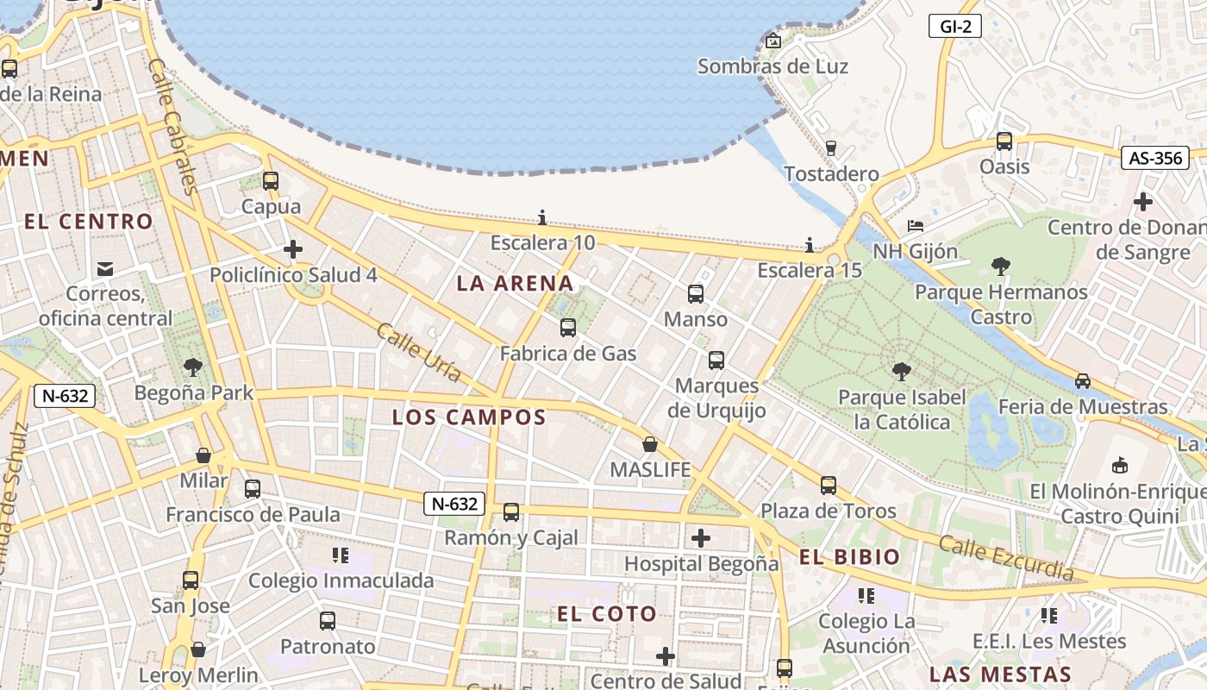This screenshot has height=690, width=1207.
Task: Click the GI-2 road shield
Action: coord(955,27)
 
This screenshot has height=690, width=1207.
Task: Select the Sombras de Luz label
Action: coord(772,66)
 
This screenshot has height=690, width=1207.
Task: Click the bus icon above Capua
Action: coord(271,181)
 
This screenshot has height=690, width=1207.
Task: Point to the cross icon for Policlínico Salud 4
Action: coord(293,250)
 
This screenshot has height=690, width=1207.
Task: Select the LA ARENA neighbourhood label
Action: coord(515,284)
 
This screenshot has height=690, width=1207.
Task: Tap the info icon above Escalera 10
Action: coord(542,217)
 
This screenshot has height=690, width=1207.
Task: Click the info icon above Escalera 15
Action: coord(809,245)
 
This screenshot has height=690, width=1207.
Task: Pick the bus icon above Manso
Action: coord(696,294)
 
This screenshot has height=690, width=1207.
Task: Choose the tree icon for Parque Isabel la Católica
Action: coord(902,372)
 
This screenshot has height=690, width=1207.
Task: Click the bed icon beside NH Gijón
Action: coord(916,226)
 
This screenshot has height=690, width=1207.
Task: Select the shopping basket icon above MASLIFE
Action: coord(650,444)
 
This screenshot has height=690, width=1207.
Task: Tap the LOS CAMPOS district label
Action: coord(469,418)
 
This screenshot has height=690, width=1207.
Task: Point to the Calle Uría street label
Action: coord(418,352)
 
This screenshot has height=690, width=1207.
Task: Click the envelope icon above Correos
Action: coord(105,269)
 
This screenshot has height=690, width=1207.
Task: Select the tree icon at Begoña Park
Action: coord(193,367)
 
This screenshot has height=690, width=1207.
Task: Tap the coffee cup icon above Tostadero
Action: coord(831,148)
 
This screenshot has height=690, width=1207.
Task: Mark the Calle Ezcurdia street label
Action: coord(1006,557)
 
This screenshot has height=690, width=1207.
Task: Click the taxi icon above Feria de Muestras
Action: coord(1083,381)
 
